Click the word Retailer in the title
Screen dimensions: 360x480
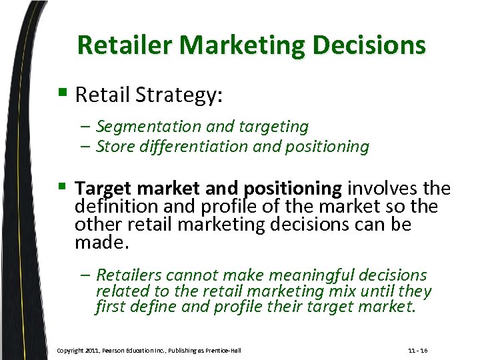tap(126, 45)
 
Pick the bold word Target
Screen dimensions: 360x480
tap(101, 189)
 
